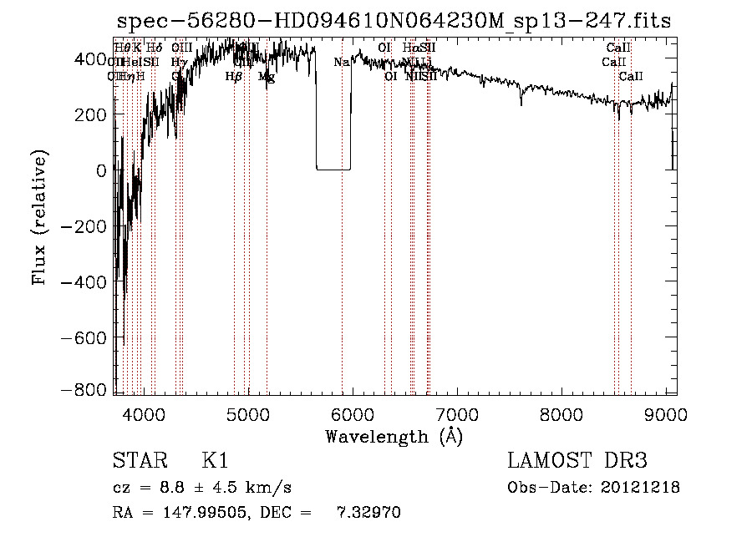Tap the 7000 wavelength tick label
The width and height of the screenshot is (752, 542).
(456, 413)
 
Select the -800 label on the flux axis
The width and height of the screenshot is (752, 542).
(89, 389)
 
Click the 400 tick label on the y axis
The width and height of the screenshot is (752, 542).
(94, 59)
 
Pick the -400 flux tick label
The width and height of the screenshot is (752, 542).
(89, 282)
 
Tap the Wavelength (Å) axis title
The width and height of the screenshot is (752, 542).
(394, 437)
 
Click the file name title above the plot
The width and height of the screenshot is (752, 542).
(393, 21)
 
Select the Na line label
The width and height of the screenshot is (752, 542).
(341, 63)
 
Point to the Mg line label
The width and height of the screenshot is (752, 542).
(267, 77)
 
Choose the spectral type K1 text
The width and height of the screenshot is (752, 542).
(215, 461)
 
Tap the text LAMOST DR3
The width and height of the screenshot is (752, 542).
(577, 461)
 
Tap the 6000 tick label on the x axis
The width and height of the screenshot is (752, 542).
(352, 413)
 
